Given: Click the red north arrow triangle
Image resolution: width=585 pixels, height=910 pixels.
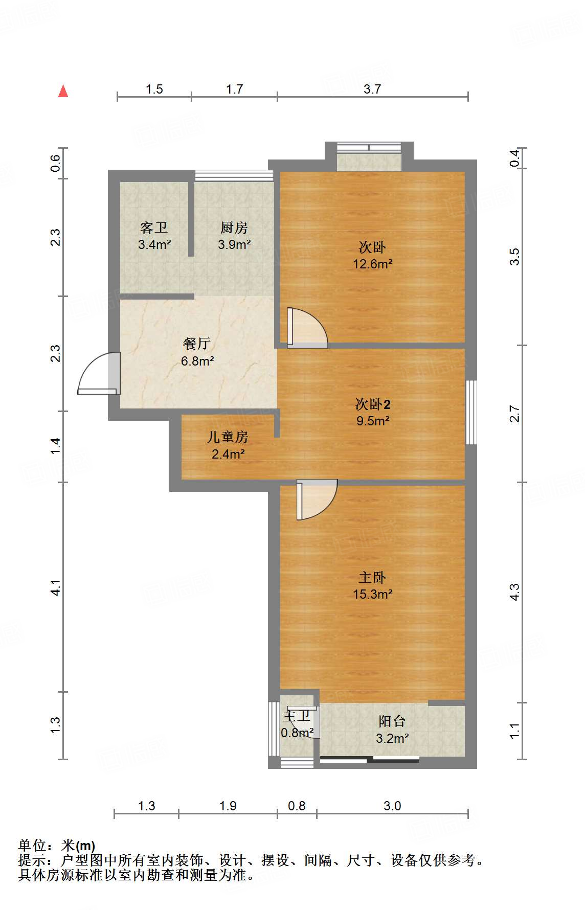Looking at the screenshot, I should pyautogui.click(x=63, y=92).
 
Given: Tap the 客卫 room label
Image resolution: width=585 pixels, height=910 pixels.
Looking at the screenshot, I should pyautogui.click(x=154, y=227).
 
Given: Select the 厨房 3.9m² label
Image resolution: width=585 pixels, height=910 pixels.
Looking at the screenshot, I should pyautogui.click(x=234, y=236).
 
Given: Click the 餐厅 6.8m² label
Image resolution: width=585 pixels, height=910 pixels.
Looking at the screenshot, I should pyautogui.click(x=197, y=352).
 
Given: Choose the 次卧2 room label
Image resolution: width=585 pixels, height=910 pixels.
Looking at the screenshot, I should pyautogui.click(x=373, y=404).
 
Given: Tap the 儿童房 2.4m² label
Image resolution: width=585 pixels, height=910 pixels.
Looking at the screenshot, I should pyautogui.click(x=228, y=445).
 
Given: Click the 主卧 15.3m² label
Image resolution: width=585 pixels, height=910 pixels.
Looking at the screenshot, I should pyautogui.click(x=372, y=586).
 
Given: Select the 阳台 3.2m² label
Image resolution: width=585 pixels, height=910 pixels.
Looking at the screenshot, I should pyautogui.click(x=392, y=730).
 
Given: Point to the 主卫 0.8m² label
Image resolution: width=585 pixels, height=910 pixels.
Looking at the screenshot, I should pyautogui.click(x=297, y=724).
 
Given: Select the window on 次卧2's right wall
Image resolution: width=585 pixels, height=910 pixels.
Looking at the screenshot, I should pyautogui.click(x=471, y=412).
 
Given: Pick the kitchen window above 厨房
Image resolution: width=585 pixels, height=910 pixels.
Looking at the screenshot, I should pyautogui.click(x=234, y=175).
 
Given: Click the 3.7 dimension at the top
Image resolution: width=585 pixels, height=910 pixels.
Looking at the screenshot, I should pyautogui.click(x=372, y=89).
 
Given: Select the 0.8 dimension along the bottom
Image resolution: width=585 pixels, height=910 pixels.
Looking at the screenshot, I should pyautogui.click(x=296, y=806).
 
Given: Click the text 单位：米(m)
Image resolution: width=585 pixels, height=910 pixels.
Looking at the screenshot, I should pyautogui.click(x=57, y=846).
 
